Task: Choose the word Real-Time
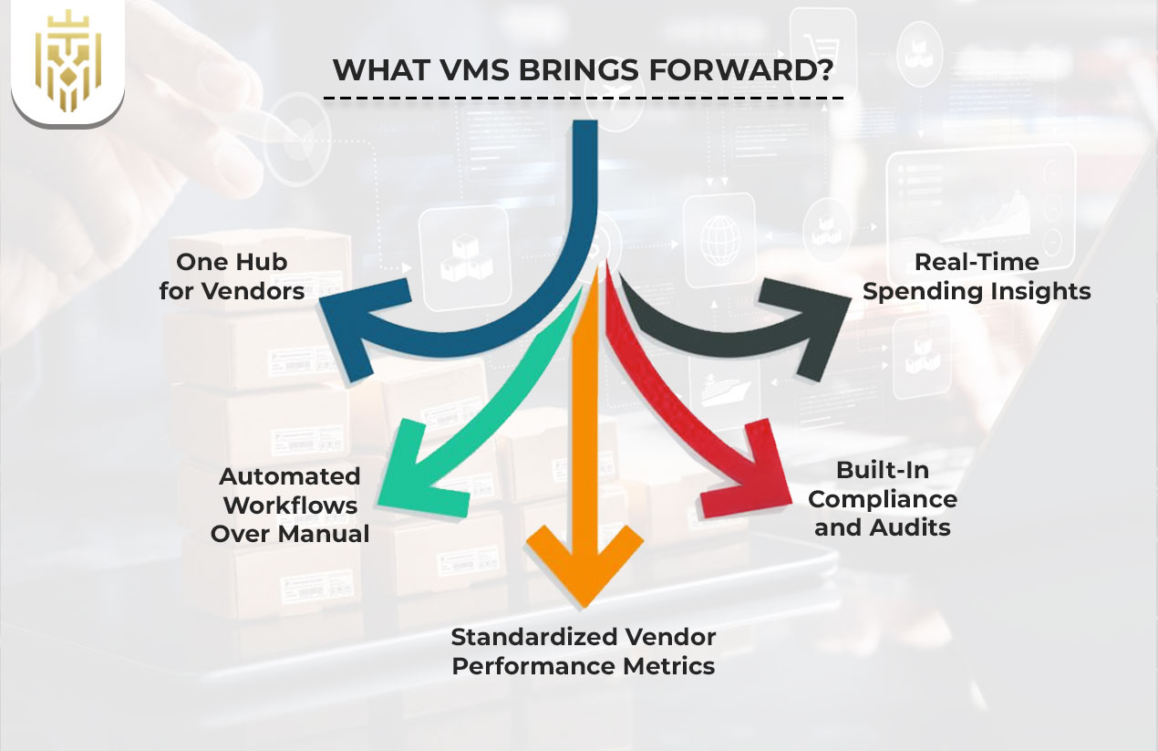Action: pyautogui.click(x=977, y=262)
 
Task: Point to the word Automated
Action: pyautogui.click(x=290, y=476)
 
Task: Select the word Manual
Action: pyautogui.click(x=327, y=534)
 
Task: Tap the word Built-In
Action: pyautogui.click(x=882, y=470)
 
